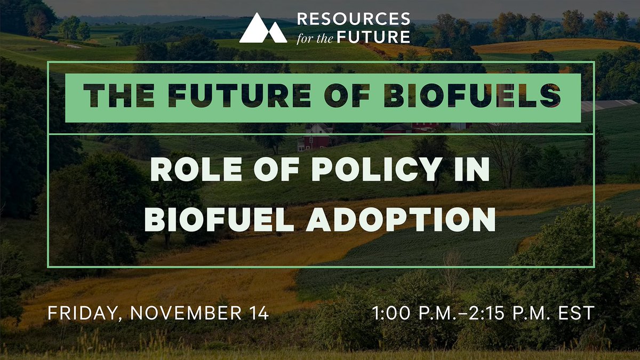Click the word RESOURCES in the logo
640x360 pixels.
(x=354, y=19)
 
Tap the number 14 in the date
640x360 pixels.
(x=257, y=313)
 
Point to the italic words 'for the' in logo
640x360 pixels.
(x=318, y=36)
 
